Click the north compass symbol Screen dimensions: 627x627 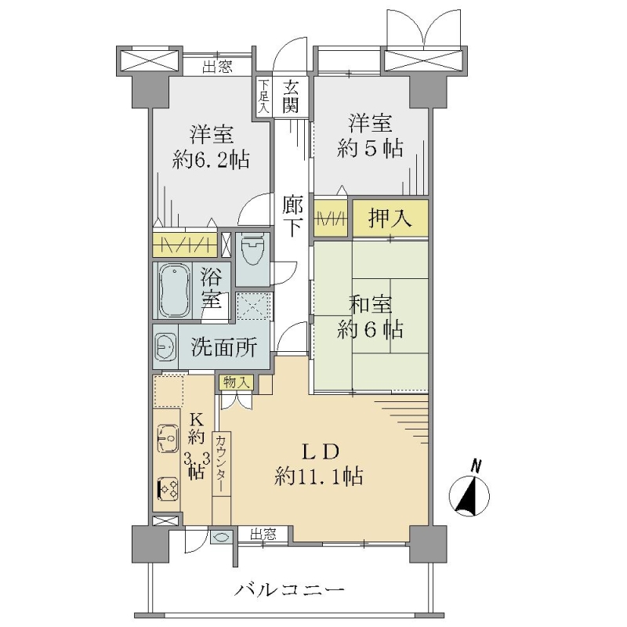tap(469, 495)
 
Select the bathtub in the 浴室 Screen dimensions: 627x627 tap(174, 290)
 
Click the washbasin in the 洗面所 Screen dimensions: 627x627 tap(165, 346)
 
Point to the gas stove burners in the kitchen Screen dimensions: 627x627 tap(168, 488)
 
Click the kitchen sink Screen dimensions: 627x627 tap(168, 438)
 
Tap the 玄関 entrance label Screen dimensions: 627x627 tap(291, 96)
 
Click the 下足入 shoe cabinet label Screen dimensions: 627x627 tap(263, 96)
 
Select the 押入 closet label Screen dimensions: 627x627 tap(390, 219)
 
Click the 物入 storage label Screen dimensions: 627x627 tap(237, 382)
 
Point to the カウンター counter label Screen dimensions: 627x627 tap(221, 463)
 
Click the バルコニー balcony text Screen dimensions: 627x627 tap(288, 589)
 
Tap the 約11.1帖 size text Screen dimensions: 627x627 tap(319, 477)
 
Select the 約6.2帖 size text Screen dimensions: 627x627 tap(212, 160)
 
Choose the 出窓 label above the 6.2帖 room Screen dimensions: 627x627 tap(217, 67)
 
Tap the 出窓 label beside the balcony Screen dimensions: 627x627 tap(263, 534)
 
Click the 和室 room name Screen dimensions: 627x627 tap(370, 304)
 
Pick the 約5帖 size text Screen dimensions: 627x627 tap(370, 149)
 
